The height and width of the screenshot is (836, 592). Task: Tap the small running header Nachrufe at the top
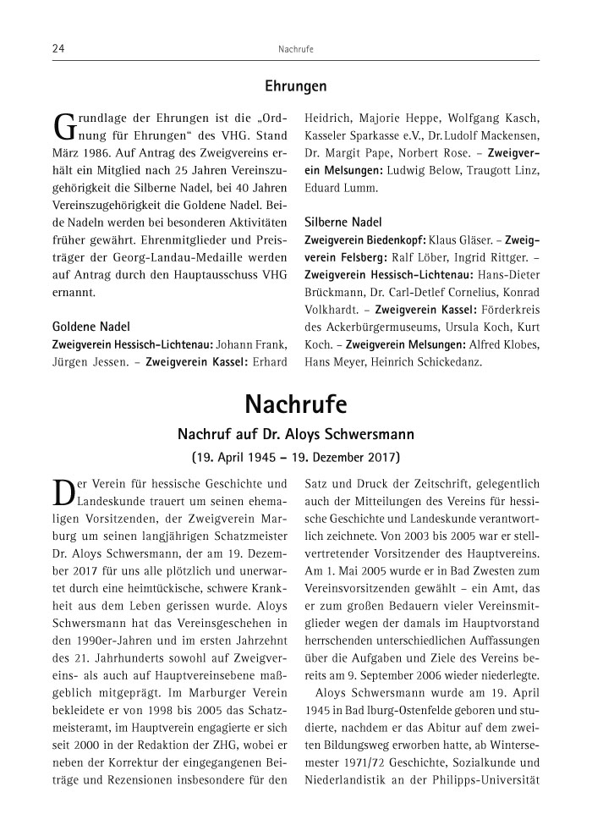295,50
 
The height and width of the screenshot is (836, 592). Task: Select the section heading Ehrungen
295,86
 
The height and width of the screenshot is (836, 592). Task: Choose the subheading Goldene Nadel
91,326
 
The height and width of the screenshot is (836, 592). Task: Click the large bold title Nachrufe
295,404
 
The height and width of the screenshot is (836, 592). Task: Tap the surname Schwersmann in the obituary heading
367,436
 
